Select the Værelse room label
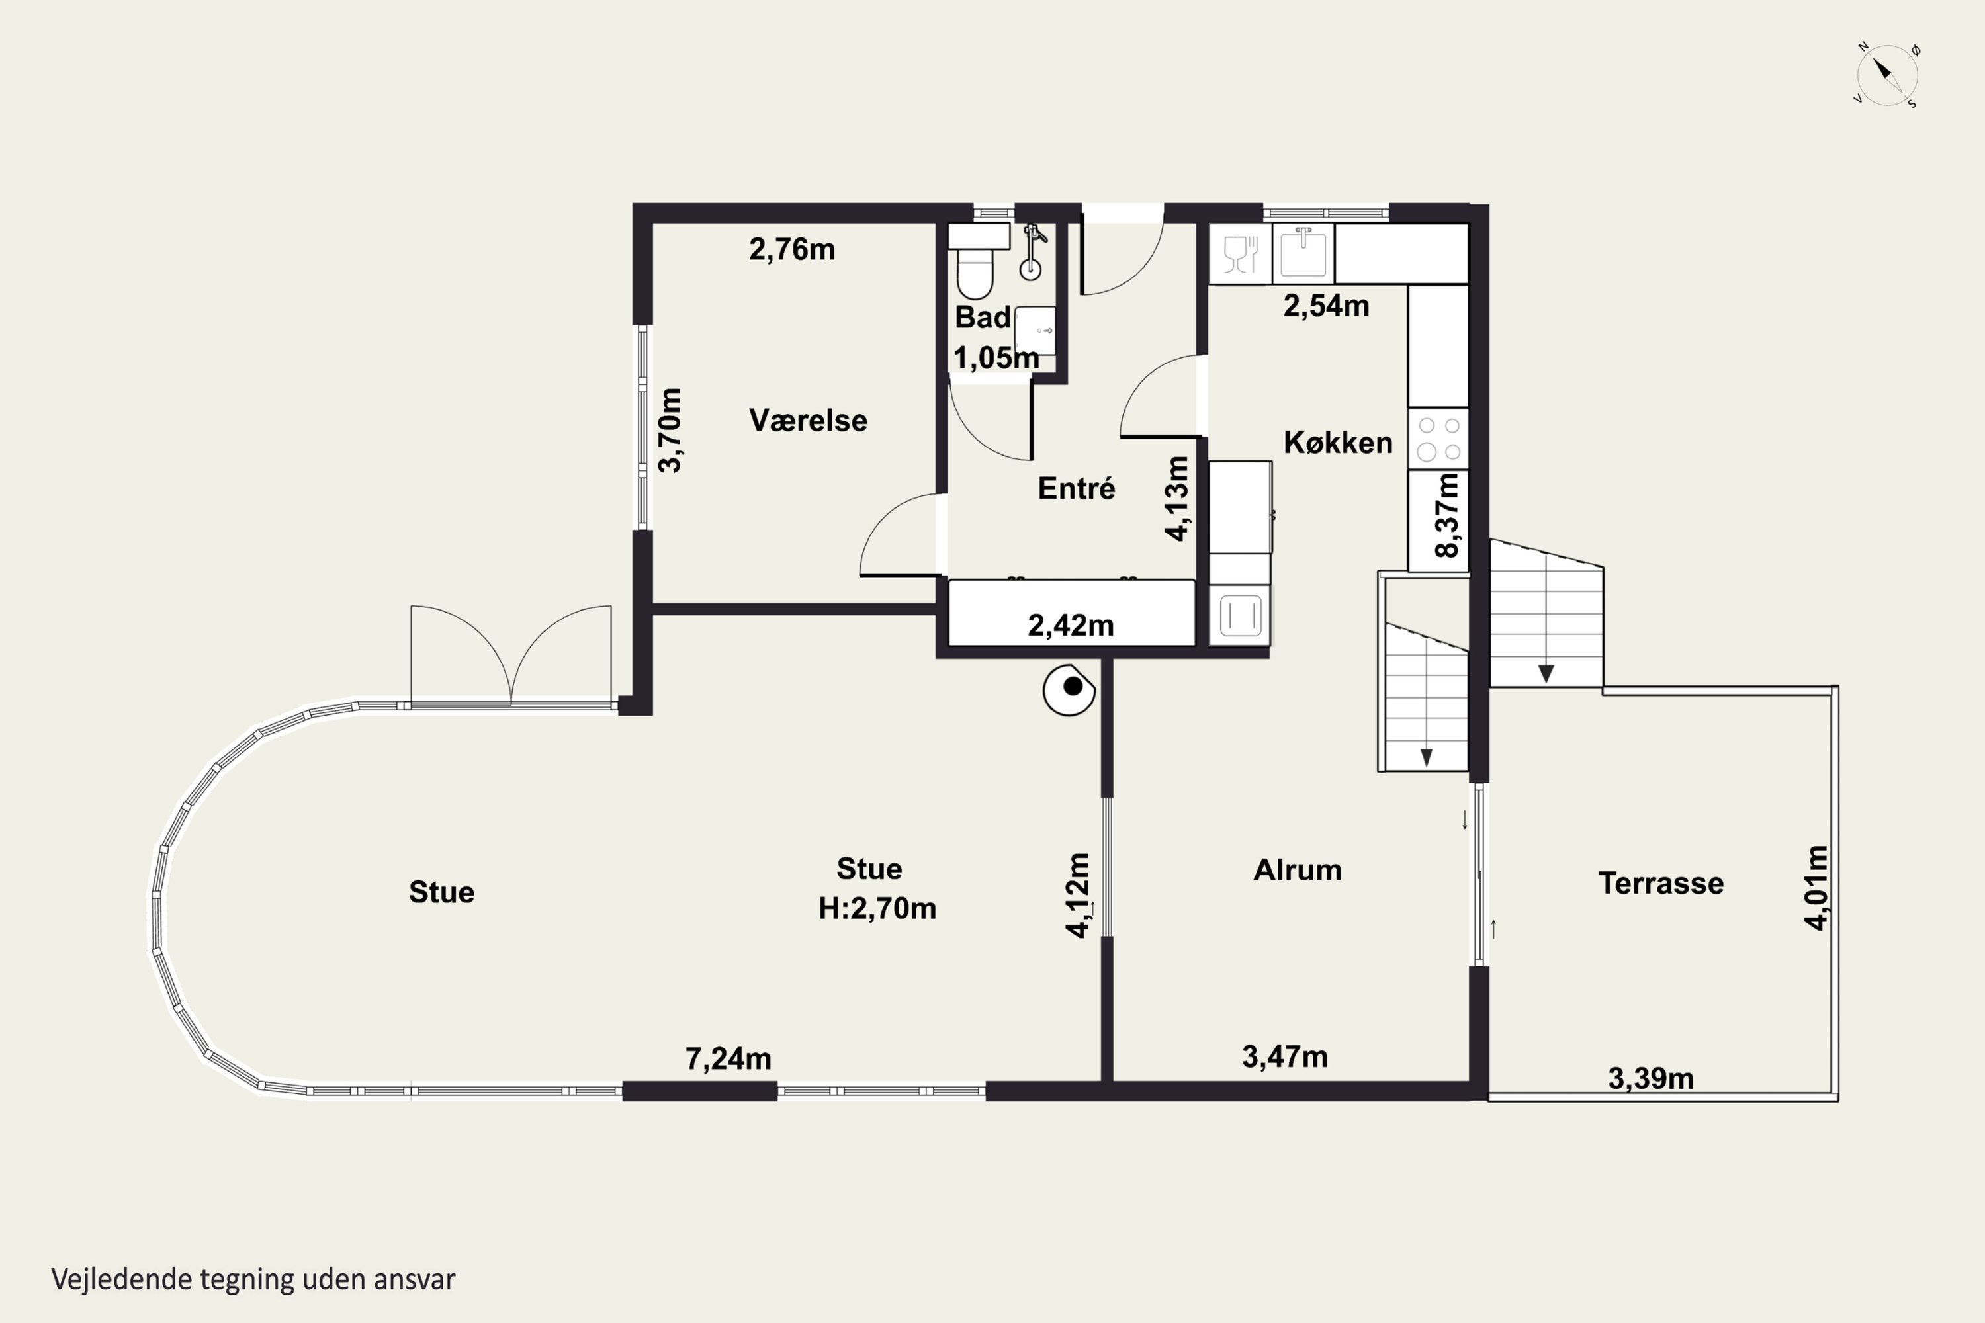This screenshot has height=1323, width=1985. (x=808, y=420)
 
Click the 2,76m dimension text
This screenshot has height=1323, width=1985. (x=791, y=250)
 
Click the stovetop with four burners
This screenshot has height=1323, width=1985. (x=1438, y=439)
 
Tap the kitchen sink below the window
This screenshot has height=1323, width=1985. (x=1303, y=252)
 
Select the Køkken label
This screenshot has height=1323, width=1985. (x=1338, y=443)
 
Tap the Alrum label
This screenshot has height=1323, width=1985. (x=1297, y=870)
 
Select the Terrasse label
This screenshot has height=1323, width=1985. (x=1661, y=883)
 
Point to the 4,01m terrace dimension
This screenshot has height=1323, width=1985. (x=1816, y=888)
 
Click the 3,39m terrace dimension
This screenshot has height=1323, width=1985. (x=1651, y=1078)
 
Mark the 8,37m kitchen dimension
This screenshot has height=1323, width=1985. (x=1446, y=515)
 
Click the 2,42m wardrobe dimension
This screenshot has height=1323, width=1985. (x=1070, y=625)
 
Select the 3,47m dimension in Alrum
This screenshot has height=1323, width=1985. (x=1284, y=1056)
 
